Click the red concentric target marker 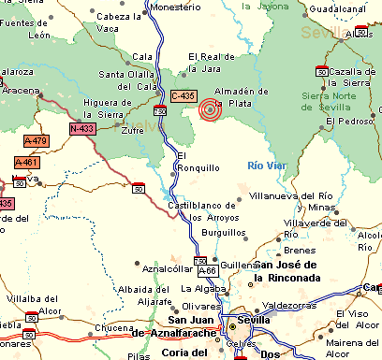click(211, 110)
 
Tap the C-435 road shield click(184, 96)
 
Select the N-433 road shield click(81, 128)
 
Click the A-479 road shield click(36, 141)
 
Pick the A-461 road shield click(27, 162)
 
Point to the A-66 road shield click(208, 270)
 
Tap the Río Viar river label click(266, 165)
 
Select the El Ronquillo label click(198, 161)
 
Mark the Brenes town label click(295, 252)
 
